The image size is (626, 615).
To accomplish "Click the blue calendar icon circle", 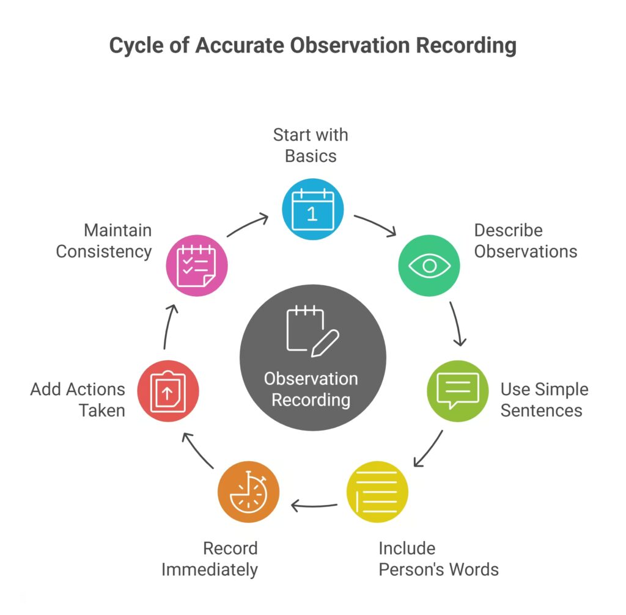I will point(312,209).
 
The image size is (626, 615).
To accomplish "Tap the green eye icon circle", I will point(429,266).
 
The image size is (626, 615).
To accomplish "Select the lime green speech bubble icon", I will point(457,391).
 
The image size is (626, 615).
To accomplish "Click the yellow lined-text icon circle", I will point(377,492).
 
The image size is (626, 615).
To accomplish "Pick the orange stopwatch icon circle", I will point(248,492).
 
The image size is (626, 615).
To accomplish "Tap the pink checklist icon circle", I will point(197,266).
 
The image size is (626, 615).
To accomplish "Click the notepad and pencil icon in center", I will point(312,330).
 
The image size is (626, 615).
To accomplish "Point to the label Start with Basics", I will point(311,145).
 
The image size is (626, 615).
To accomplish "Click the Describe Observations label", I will point(525,241).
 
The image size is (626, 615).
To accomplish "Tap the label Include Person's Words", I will point(438,558).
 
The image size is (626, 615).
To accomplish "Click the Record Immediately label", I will point(210,558).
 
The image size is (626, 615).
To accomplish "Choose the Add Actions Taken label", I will point(78,399).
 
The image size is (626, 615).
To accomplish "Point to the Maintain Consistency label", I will point(104,241).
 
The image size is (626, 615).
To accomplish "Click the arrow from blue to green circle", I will point(376,224).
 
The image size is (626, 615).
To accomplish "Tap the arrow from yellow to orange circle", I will point(314,505).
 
